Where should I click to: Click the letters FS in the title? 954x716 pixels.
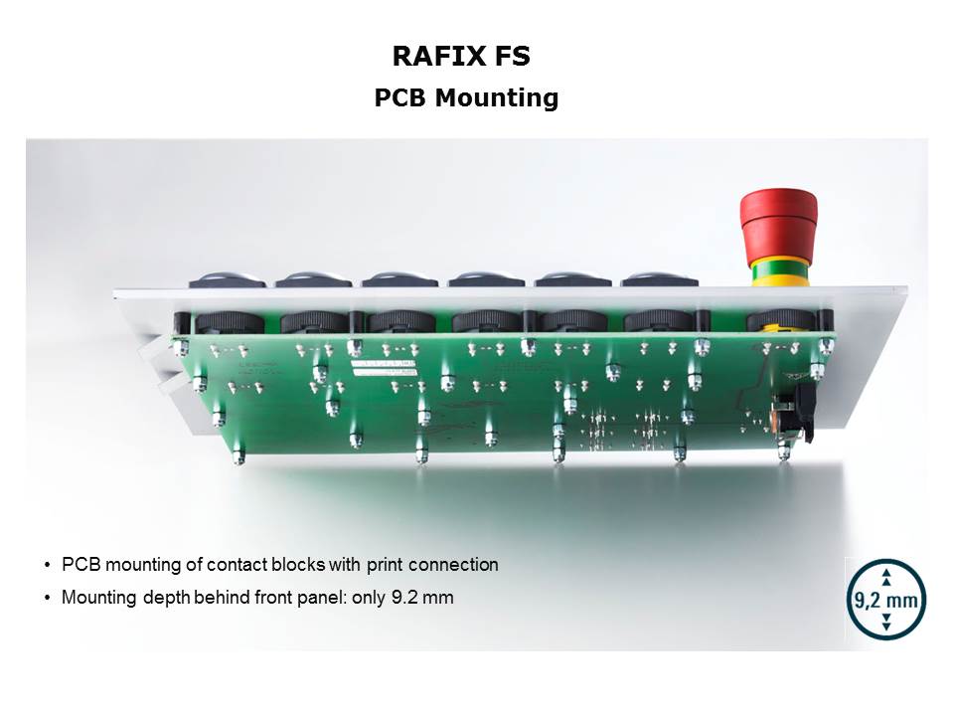click(512, 56)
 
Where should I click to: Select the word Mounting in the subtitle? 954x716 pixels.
click(497, 97)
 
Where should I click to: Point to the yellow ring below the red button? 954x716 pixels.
click(781, 280)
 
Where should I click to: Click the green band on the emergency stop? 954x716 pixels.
click(781, 269)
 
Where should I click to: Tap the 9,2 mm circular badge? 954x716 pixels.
click(886, 599)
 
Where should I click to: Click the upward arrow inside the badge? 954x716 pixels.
click(886, 577)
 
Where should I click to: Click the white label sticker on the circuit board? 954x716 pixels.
click(384, 367)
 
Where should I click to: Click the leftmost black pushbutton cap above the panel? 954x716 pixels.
click(228, 279)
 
